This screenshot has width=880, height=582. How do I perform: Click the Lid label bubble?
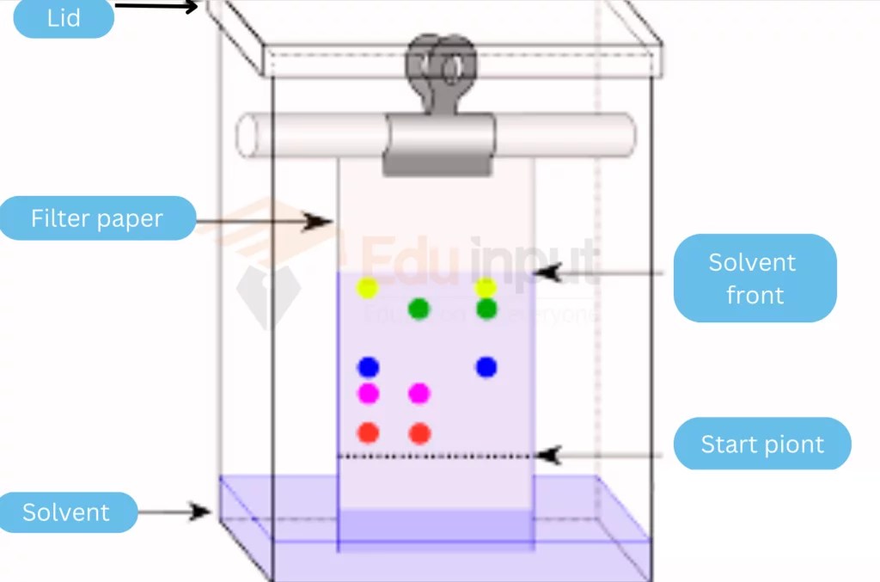point(63,18)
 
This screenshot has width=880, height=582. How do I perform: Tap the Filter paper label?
point(96,218)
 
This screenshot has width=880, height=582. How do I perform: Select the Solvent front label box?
point(754,278)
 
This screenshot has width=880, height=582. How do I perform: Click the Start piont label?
point(761,444)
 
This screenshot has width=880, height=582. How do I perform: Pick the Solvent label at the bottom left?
point(67,512)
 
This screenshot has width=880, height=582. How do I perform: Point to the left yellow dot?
point(368,288)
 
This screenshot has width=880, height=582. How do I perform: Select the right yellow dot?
point(486,287)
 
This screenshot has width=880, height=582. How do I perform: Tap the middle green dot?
point(419,309)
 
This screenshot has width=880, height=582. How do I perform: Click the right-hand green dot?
point(486,309)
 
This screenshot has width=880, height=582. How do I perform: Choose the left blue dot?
point(369,367)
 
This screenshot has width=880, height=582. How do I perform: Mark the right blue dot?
point(486,367)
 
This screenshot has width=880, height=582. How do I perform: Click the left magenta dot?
point(369,394)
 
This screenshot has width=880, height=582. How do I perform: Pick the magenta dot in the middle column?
point(419,394)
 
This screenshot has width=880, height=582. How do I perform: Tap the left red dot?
point(369,432)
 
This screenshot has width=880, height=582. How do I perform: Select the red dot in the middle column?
point(419,433)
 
